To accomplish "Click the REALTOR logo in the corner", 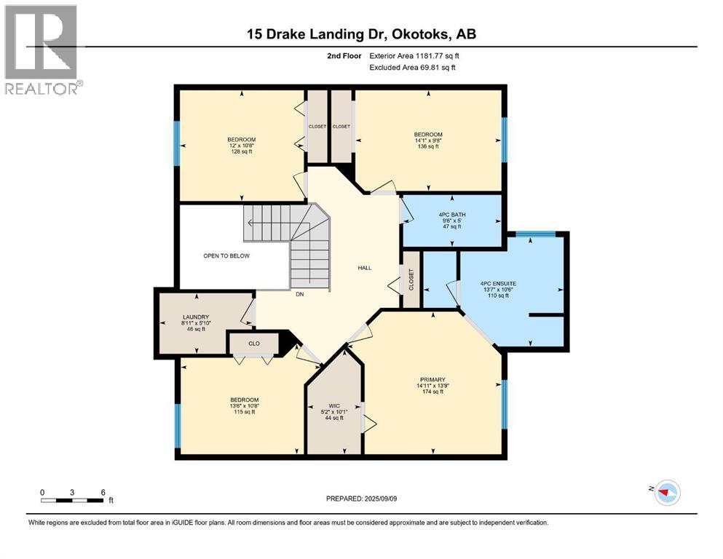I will (x=42, y=49).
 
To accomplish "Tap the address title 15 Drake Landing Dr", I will (x=361, y=33).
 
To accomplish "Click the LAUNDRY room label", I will (x=196, y=322).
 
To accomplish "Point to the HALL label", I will (x=365, y=268).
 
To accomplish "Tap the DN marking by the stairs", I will (x=299, y=295).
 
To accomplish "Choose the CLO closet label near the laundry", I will (x=253, y=343).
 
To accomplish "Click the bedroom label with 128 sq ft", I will (x=242, y=145).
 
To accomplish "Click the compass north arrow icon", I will (x=665, y=493).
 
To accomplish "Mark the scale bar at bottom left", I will (x=73, y=499).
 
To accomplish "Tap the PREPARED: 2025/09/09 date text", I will (x=361, y=499).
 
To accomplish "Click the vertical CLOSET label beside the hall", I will (x=411, y=279).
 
